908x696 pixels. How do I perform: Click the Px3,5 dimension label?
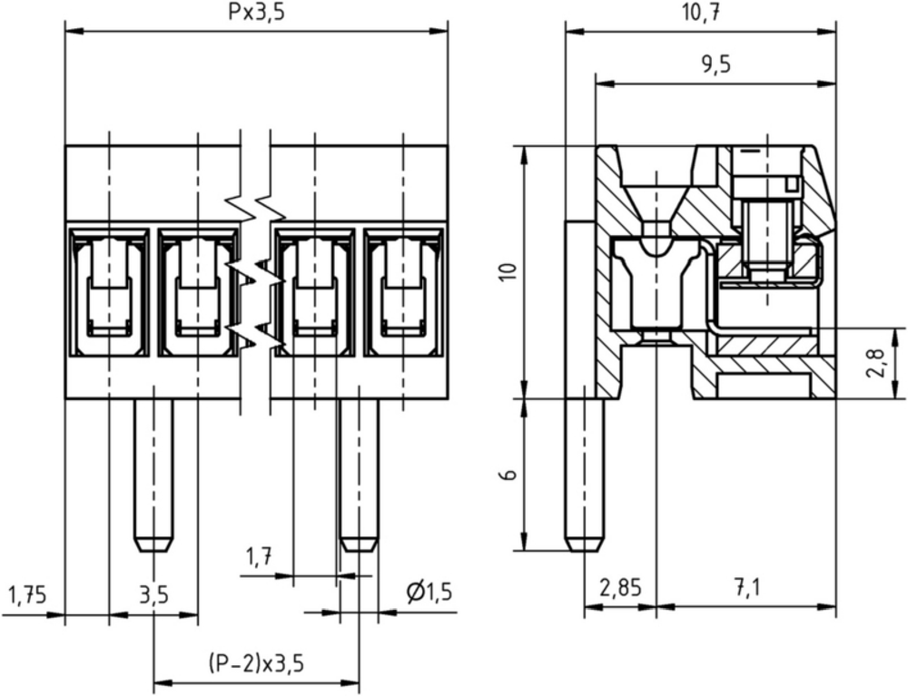point(256,13)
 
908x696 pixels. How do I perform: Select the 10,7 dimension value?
point(701,13)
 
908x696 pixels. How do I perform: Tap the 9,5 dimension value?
point(716,64)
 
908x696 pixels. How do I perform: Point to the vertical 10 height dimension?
point(508,271)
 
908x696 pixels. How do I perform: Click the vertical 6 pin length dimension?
point(508,475)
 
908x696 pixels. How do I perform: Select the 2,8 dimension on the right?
point(877,363)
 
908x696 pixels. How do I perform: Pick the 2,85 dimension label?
point(621,589)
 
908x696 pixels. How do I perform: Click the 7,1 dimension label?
point(746,589)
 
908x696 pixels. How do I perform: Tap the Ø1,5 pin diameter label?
point(429,593)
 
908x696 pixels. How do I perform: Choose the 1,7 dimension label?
point(259,558)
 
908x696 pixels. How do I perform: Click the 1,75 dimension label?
point(27,594)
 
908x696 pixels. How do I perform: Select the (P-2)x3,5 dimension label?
point(256,663)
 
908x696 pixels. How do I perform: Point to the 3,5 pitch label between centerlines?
point(153,594)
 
